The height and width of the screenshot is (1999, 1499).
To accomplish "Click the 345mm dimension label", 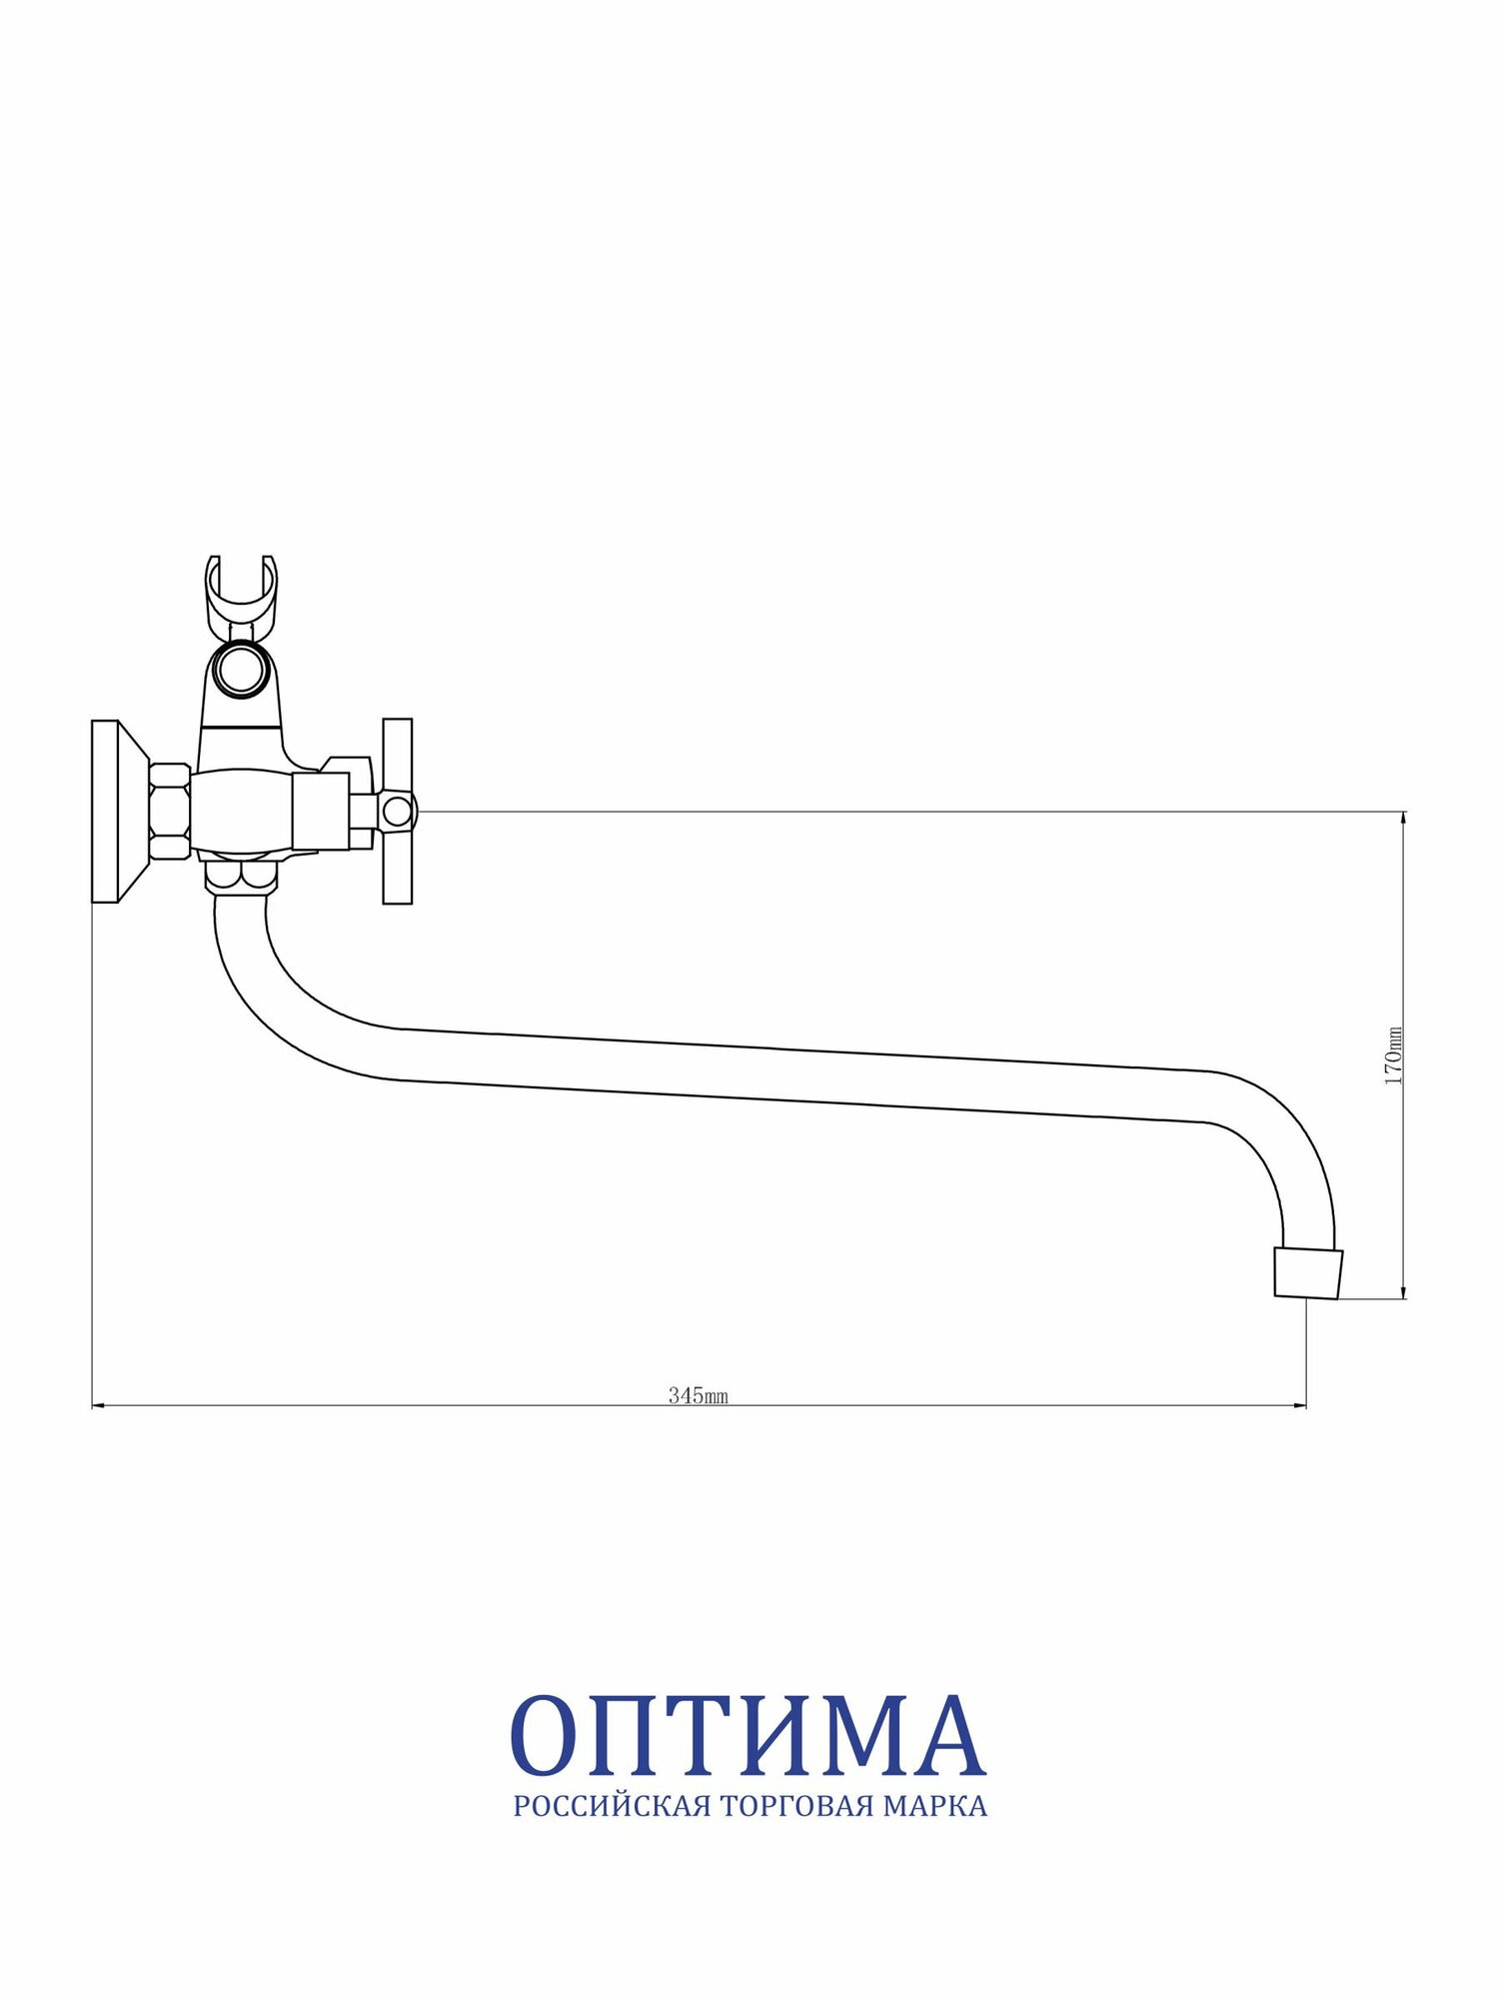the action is click(699, 1395).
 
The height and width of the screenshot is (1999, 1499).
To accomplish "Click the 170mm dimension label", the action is click(1394, 1055).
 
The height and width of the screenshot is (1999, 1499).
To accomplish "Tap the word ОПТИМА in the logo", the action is click(748, 1736).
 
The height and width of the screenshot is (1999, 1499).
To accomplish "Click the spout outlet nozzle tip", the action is click(1307, 1273).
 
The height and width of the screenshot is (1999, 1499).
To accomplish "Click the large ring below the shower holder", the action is click(241, 671).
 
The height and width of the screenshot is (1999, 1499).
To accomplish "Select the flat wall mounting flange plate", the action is click(105, 811).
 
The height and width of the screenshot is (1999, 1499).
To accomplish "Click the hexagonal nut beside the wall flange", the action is click(170, 811).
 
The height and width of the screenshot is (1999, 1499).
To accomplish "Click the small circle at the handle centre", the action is click(398, 811).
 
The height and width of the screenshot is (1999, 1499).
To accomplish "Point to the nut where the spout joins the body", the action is click(241, 877).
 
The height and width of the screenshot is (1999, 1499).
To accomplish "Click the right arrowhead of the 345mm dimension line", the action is click(1300, 1406).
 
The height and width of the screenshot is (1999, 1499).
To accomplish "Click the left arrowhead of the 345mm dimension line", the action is click(98, 1406).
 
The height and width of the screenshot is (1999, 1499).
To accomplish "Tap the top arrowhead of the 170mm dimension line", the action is click(1404, 818).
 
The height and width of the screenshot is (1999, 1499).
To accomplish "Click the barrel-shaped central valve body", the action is click(243, 811).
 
